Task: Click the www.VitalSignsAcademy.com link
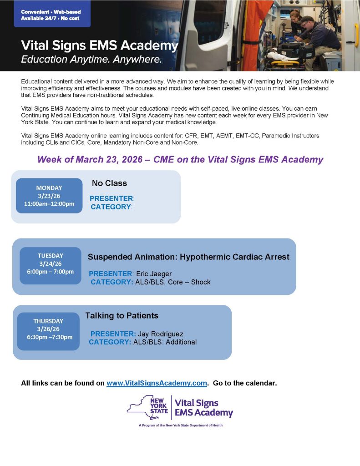[x=157, y=383]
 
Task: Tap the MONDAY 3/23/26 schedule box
[x=49, y=196]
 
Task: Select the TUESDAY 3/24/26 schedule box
[x=51, y=263]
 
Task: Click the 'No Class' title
[x=109, y=183]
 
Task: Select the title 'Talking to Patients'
[x=122, y=315]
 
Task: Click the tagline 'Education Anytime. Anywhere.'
[x=91, y=59]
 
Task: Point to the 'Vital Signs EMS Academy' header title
[x=100, y=46]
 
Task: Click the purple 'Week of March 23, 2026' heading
[x=180, y=160]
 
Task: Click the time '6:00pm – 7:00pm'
[x=51, y=272]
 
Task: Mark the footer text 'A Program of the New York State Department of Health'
[x=181, y=425]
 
